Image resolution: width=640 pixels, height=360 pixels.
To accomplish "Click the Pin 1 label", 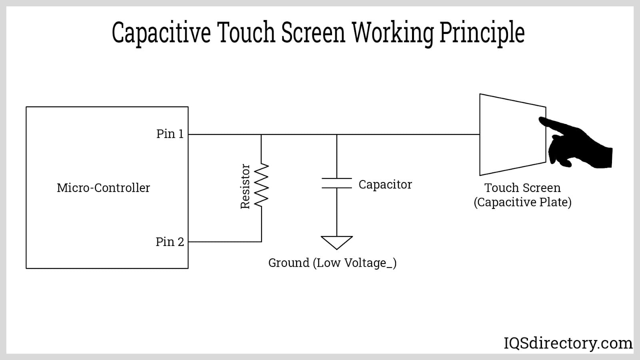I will point(170,134).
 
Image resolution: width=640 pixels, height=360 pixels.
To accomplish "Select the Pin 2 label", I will point(170,242).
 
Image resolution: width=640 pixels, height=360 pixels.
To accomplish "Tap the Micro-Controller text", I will point(103,188).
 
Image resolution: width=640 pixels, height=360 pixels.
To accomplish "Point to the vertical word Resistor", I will point(245,186).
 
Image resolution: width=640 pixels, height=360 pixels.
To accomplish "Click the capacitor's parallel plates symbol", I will point(337,183).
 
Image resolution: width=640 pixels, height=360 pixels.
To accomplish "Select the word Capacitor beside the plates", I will point(385,184).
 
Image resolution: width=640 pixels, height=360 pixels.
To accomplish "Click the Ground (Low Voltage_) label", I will point(332,263).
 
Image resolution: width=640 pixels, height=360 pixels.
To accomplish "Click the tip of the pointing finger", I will point(541,119).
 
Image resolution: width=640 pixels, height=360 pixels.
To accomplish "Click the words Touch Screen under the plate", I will point(522,188).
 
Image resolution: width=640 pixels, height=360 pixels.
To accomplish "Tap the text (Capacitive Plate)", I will point(522,202).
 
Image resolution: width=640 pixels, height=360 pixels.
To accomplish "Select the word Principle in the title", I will point(482,33).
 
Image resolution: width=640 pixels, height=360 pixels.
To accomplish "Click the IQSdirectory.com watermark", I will point(568,343).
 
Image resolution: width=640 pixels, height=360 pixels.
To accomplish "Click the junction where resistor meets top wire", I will point(262,134).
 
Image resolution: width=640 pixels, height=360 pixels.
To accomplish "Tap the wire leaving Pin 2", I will point(224,242).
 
